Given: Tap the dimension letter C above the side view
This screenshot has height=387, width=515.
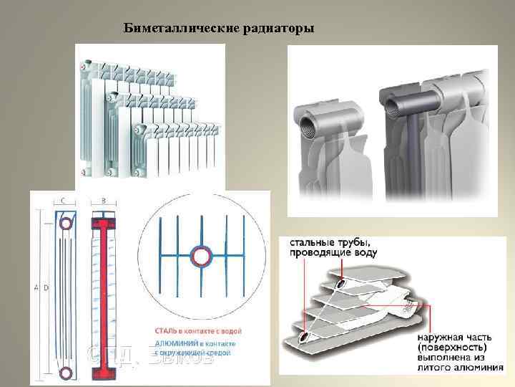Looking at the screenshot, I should tap(65, 201).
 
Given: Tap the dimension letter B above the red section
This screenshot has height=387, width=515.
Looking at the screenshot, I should tap(104, 201).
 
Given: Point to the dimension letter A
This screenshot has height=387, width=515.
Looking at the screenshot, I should tap(36, 287).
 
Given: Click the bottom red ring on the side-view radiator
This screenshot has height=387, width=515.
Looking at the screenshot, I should tap(65, 371).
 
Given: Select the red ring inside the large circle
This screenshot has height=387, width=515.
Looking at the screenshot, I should tap(200, 255).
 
